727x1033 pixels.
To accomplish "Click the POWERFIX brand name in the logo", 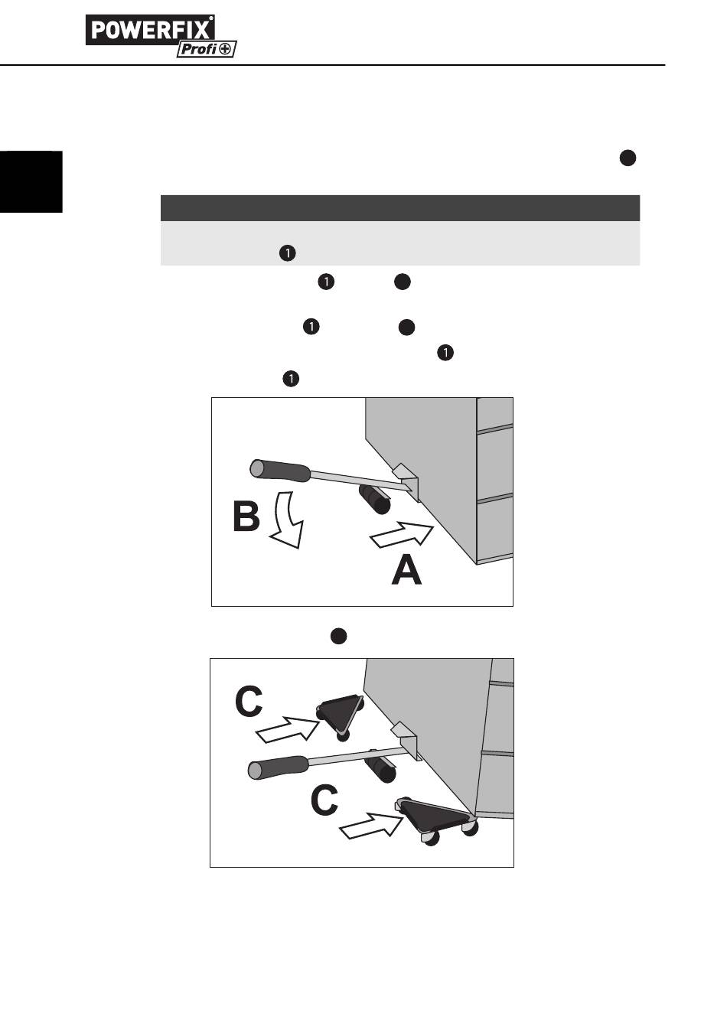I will (x=150, y=30).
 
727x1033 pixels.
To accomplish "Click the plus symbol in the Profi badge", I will (x=227, y=50).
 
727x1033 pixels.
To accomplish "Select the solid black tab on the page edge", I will (x=31, y=181).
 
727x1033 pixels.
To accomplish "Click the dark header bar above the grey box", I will (x=399, y=208).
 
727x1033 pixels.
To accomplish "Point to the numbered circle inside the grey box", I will (x=286, y=253).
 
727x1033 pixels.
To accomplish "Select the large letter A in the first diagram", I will (x=406, y=571).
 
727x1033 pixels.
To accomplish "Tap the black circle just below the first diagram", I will (x=339, y=636).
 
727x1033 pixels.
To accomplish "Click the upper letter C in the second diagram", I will (x=249, y=702).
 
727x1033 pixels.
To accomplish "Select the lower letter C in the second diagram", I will (x=324, y=801).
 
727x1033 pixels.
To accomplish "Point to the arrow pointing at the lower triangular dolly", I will (x=370, y=827).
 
